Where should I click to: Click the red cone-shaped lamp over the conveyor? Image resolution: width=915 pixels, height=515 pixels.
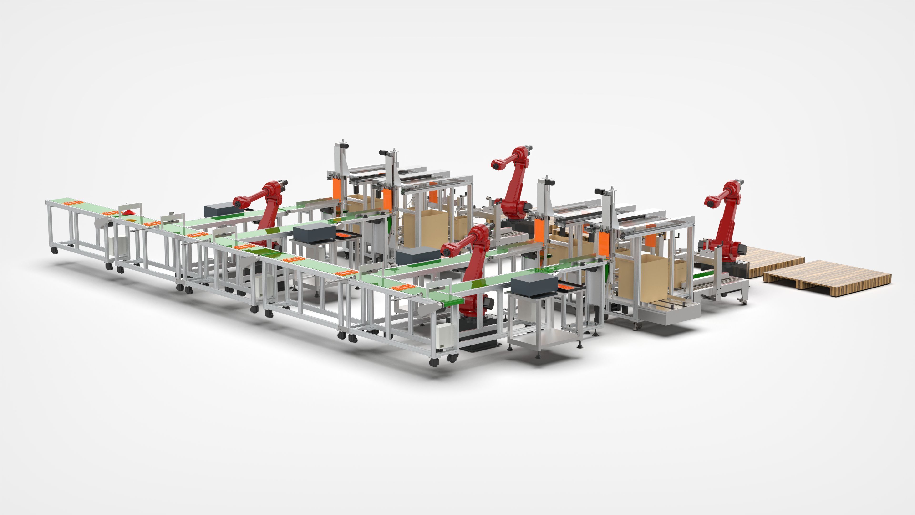click(x=128, y=212)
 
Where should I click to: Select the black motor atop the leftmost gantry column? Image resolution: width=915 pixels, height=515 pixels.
click(x=343, y=145)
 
